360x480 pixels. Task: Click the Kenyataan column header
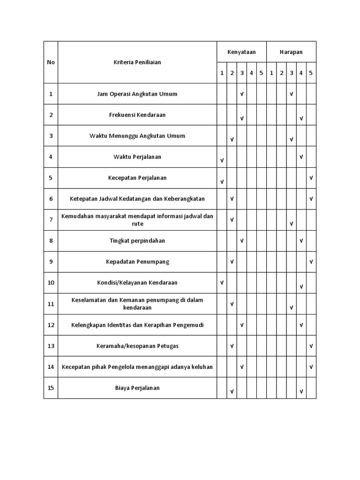tap(241, 52)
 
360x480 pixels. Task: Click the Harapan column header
tap(291, 52)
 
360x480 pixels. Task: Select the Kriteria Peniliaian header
tap(137, 62)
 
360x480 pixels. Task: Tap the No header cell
tap(51, 62)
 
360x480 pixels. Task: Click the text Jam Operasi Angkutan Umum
tap(137, 94)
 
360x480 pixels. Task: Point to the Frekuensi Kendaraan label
tap(137, 115)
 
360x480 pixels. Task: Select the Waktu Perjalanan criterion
tap(137, 157)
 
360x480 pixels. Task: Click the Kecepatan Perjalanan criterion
tap(137, 178)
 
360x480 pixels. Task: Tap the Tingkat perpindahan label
tap(137, 240)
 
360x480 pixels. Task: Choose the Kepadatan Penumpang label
tap(137, 262)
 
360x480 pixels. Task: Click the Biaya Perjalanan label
tap(137, 388)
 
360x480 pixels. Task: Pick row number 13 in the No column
tap(51, 346)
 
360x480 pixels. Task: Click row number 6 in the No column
tap(51, 199)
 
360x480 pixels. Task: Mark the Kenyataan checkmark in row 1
tap(242, 94)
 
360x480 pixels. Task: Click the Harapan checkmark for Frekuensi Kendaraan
tap(301, 119)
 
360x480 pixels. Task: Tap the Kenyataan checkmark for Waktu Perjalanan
tap(222, 160)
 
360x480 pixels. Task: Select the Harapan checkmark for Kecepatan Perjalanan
tap(311, 178)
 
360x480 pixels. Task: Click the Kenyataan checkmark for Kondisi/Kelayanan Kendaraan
tap(222, 283)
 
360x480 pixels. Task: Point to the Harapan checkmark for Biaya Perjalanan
tap(301, 391)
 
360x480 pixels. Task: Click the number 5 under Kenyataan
tap(261, 73)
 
